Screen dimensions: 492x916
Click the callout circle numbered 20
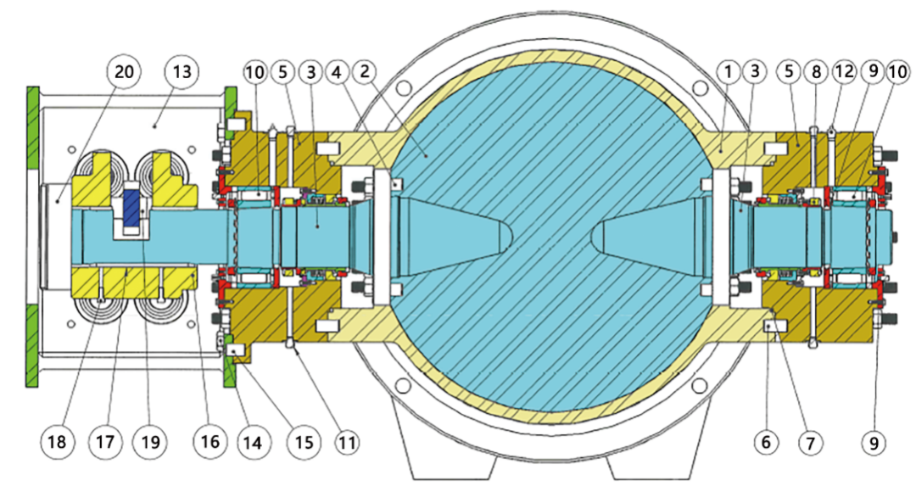tap(124, 73)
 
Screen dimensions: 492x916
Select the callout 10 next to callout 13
tap(254, 73)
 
